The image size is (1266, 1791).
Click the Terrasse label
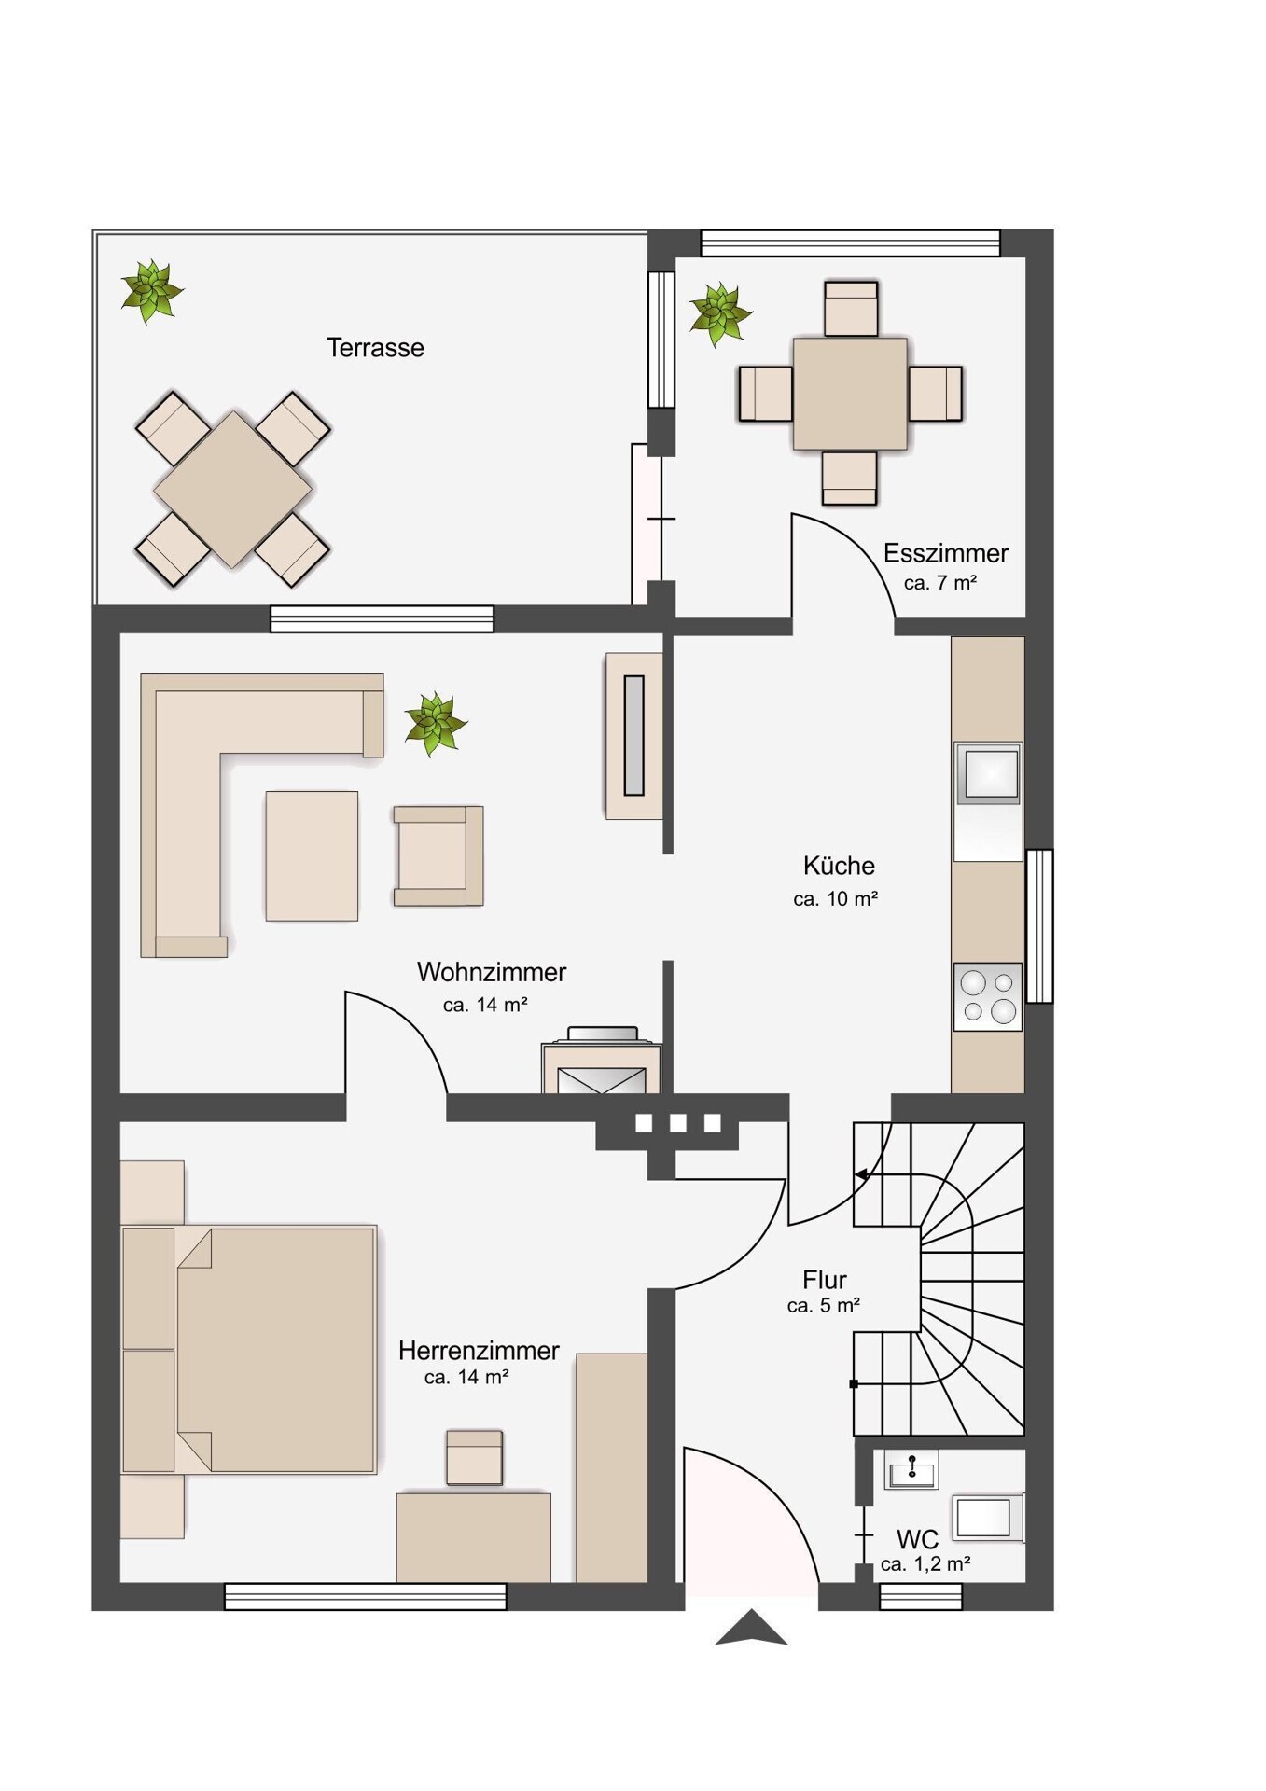tap(375, 348)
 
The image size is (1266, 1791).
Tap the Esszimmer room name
tap(946, 553)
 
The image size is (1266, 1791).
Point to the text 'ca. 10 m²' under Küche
tap(836, 899)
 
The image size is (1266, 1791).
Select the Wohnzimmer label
tap(492, 972)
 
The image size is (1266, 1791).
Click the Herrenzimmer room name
tap(479, 1350)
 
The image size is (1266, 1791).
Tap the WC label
tap(917, 1540)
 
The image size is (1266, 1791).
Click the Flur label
tap(825, 1280)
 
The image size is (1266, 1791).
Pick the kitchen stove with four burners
tap(988, 996)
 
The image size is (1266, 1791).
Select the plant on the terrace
tap(151, 291)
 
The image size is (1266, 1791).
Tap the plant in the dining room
tap(720, 313)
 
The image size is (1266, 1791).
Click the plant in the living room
tap(435, 724)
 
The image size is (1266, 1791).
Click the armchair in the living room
tap(438, 855)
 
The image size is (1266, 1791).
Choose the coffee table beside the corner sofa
tap(312, 856)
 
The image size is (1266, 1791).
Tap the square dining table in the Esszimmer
tap(850, 394)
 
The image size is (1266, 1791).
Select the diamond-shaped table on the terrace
tap(233, 490)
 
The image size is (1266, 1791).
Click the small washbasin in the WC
tap(911, 1471)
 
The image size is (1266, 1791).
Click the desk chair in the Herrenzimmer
tap(475, 1457)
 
